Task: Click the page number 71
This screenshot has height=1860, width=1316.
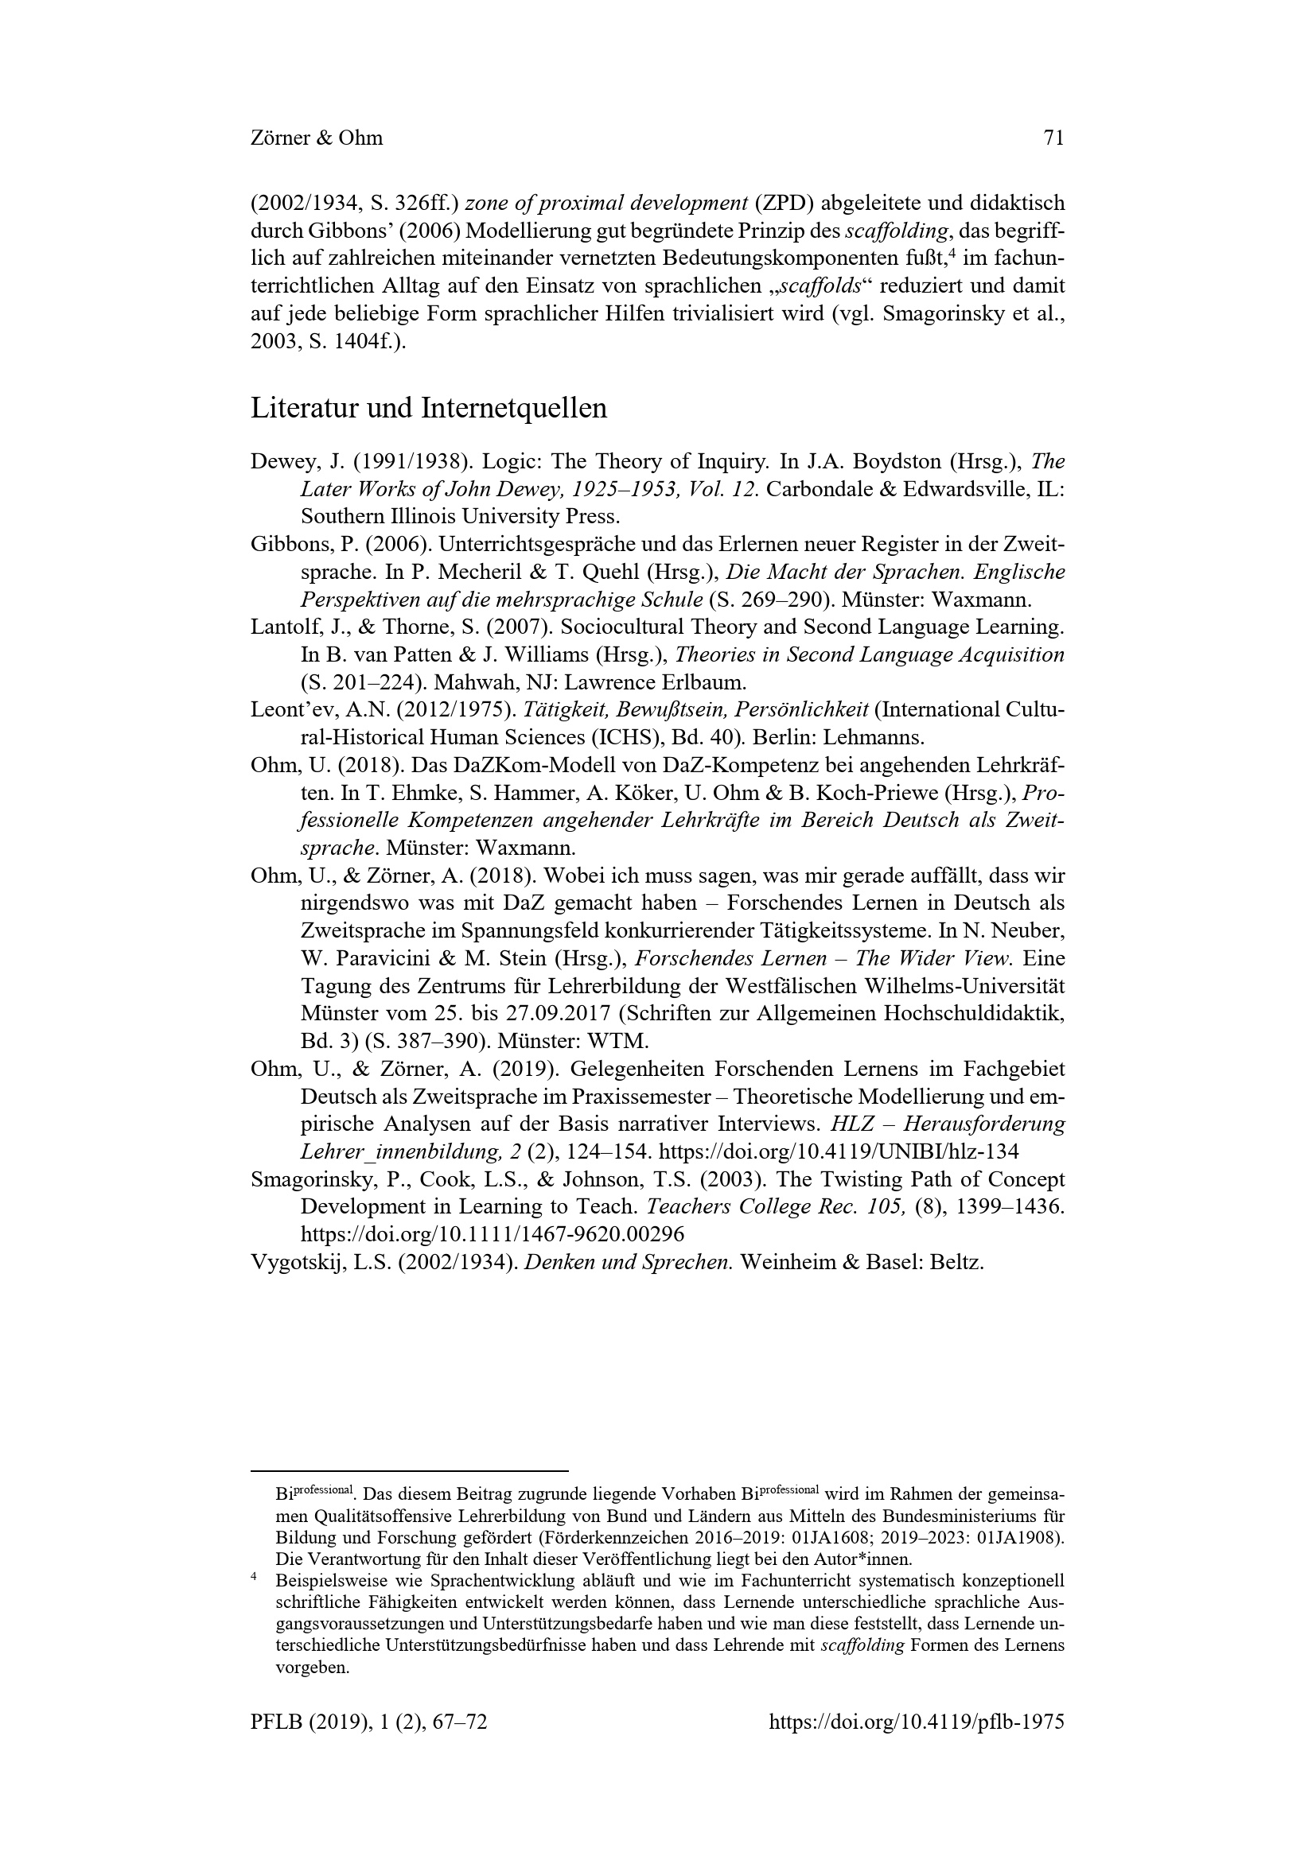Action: (x=1053, y=138)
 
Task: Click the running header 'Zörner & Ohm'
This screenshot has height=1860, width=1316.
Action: (x=317, y=138)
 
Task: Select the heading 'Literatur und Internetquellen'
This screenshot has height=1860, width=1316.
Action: (x=429, y=408)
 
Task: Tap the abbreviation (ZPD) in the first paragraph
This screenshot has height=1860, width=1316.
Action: (x=790, y=204)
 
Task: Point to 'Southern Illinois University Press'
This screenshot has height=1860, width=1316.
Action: (x=458, y=517)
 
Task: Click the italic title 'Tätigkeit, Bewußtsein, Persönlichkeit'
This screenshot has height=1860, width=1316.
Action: (x=696, y=710)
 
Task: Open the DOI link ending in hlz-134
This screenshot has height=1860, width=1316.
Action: (x=839, y=1152)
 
